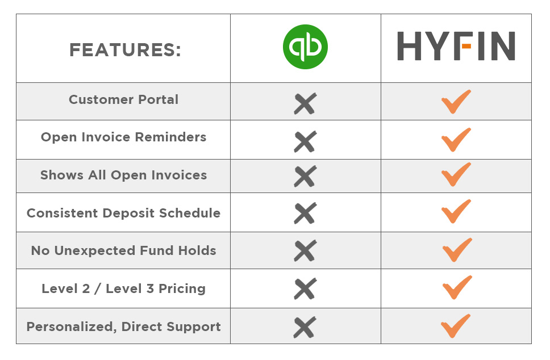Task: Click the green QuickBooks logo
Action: [x=305, y=47]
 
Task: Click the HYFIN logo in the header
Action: [x=456, y=46]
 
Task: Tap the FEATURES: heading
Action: [x=125, y=50]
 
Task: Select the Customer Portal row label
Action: [x=123, y=99]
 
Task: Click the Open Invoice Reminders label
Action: [x=123, y=137]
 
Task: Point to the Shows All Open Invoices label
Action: [x=123, y=175]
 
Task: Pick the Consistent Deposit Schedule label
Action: [x=123, y=213]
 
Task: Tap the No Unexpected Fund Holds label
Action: [x=123, y=250]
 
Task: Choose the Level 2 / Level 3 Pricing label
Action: [x=123, y=288]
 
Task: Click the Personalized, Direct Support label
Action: [x=123, y=326]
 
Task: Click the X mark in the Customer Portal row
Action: [x=305, y=104]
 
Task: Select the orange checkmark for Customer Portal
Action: [x=456, y=102]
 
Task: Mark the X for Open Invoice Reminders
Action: [x=305, y=141]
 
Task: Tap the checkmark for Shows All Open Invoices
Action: [x=456, y=174]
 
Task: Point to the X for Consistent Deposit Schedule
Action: [x=305, y=213]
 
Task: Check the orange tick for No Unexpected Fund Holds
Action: [x=457, y=250]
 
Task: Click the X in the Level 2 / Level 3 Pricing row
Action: [x=305, y=289]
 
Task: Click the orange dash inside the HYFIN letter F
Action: [x=466, y=46]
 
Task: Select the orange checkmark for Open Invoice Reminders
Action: [x=456, y=140]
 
